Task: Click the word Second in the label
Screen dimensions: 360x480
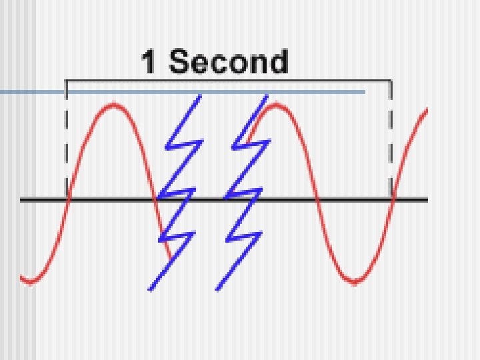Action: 229,62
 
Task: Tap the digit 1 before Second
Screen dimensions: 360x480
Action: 150,62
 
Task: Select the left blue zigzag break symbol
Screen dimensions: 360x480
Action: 174,193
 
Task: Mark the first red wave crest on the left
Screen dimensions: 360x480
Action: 114,105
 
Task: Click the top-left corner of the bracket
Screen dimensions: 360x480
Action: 66,81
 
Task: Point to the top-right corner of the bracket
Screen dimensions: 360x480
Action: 391,81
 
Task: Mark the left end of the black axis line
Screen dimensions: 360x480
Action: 21,199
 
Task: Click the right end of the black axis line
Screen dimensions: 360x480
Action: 427,199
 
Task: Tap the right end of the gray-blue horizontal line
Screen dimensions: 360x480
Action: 365,92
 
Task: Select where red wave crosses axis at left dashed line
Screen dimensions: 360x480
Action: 67,199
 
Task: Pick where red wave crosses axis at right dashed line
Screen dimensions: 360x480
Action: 392,199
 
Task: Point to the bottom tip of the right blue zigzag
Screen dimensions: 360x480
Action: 217,289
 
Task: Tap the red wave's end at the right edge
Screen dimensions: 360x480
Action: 426,110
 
